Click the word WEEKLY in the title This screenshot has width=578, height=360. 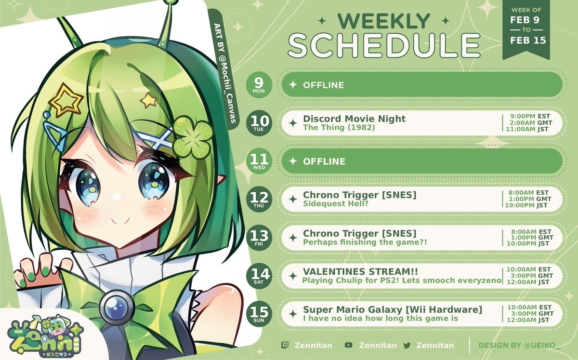coord(384,21)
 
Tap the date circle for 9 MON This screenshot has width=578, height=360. coord(259,85)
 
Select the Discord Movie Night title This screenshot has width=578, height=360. coord(354,119)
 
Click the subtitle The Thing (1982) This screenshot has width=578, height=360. coord(339,127)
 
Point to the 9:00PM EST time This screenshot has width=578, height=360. coord(530,116)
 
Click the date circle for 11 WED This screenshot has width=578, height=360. coord(259,161)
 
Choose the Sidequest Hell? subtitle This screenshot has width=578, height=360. coord(335,203)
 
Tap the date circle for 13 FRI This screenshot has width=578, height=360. coord(259,237)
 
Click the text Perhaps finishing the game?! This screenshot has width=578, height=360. coord(365,242)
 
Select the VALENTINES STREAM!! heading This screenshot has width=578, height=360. coord(360,271)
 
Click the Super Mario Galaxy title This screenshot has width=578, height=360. coord(393,309)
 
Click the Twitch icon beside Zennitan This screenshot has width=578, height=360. coord(285,345)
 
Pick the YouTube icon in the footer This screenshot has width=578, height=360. coord(348,345)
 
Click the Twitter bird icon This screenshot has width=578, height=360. coord(407,345)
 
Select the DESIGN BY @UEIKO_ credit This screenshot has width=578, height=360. coord(519,345)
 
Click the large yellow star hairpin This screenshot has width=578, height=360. coord(66,101)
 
